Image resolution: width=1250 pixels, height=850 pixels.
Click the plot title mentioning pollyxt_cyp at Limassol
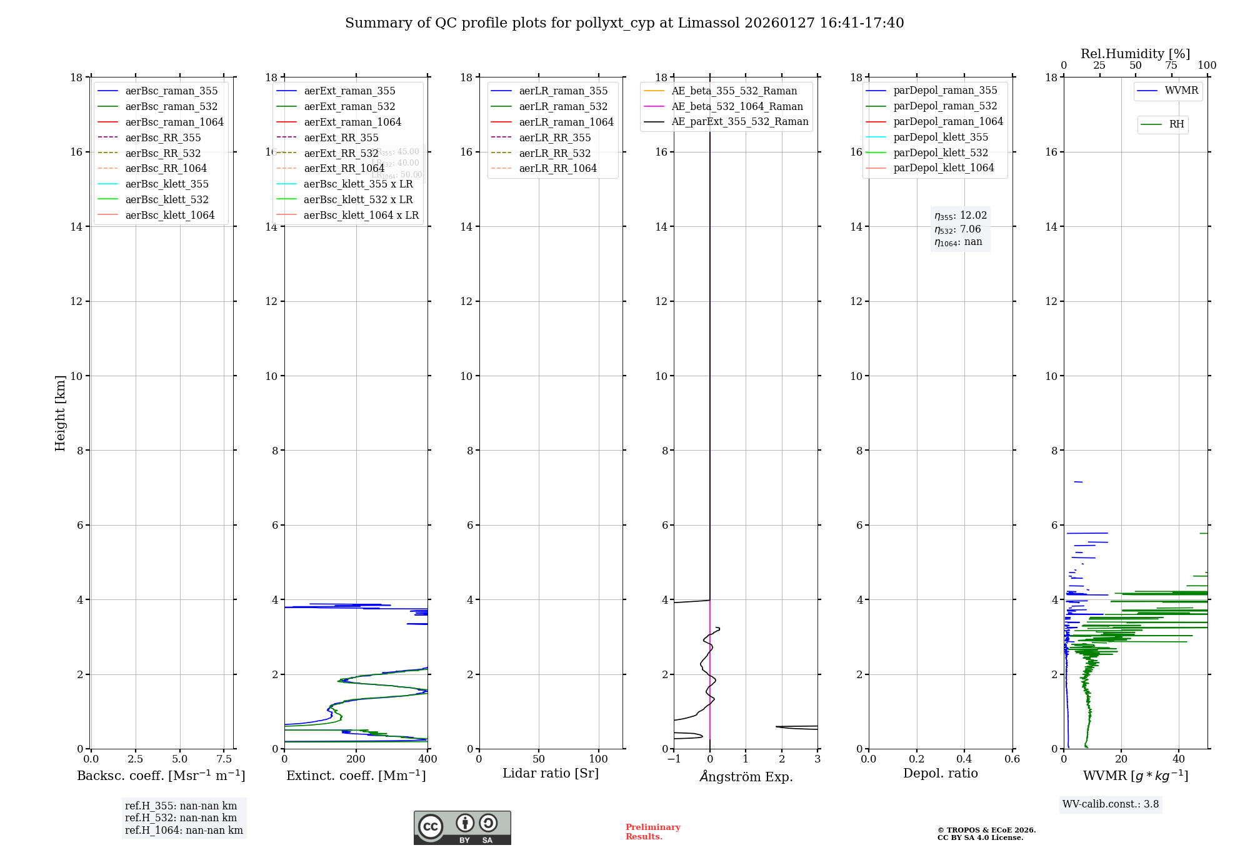tap(624, 23)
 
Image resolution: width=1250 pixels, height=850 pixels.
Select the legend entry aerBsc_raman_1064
tap(174, 122)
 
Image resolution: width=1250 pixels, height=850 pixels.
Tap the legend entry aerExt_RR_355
tap(341, 137)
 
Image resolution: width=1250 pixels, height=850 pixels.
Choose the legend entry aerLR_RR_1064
tap(557, 168)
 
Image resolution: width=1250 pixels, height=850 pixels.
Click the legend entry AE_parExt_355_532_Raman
tap(739, 121)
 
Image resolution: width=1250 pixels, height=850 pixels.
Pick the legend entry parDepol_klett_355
tap(941, 137)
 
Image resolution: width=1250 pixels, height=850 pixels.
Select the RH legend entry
tap(1176, 124)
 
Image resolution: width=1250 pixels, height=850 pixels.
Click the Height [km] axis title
tap(60, 412)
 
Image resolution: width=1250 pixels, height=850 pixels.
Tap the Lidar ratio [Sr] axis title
tap(551, 773)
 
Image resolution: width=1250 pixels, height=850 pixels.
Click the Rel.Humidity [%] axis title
tap(1135, 54)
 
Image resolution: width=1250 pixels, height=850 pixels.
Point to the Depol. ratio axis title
tap(940, 773)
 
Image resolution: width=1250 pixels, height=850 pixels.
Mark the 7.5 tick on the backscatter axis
tap(224, 759)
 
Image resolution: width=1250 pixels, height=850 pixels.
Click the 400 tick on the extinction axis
tap(428, 759)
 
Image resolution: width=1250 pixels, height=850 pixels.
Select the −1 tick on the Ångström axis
tap(674, 759)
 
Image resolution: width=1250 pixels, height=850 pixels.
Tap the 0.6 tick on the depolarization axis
tap(1012, 759)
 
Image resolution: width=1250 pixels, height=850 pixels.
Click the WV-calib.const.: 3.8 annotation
tap(1111, 804)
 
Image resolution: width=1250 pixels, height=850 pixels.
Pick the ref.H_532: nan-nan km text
tap(181, 817)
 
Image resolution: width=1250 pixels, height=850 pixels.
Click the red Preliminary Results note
tap(652, 832)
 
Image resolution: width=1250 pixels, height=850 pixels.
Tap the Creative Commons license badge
tap(462, 827)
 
